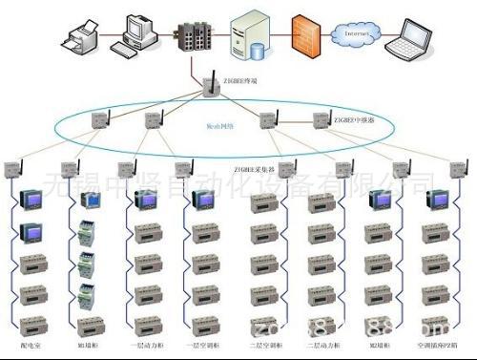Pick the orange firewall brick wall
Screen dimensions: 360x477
coord(303,33)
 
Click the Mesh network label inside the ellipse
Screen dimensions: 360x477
coord(218,124)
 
